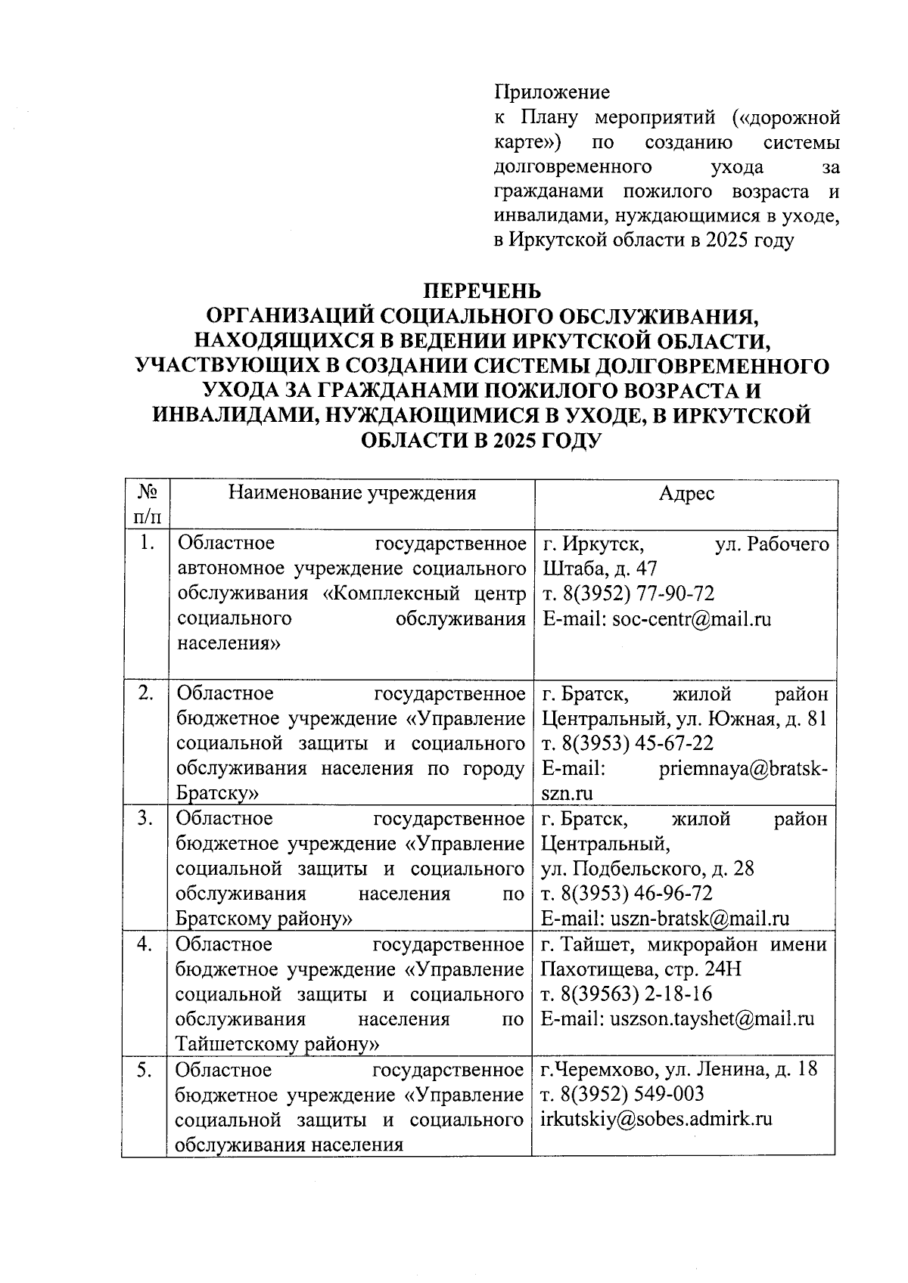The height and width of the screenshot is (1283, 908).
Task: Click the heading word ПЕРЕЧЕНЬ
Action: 481,290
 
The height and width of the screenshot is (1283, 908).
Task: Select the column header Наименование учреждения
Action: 352,494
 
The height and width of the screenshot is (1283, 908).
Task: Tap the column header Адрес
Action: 686,494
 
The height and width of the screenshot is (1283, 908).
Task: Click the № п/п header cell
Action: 146,504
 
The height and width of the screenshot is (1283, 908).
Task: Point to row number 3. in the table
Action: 146,819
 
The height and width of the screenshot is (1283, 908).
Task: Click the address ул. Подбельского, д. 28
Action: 648,869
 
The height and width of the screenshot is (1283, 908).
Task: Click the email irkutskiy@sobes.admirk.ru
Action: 656,1119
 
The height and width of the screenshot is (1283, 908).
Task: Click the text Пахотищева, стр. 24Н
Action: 641,968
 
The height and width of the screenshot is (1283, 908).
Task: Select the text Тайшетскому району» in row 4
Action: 277,1044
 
